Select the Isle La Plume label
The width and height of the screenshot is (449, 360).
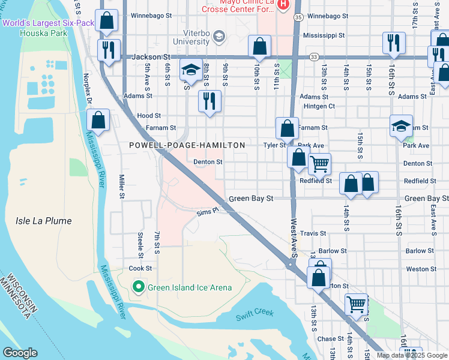pos(43,221)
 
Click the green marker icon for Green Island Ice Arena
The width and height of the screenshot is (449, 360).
pos(138,287)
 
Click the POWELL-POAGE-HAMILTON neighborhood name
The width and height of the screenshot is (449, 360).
pos(187,145)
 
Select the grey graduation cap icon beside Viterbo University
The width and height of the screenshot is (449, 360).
pos(218,37)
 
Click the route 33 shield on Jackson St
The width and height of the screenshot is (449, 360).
pos(314,56)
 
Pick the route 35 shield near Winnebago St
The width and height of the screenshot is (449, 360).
pos(298,17)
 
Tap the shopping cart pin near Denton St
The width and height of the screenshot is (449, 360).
pos(319,163)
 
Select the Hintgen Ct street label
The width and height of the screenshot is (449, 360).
pos(319,106)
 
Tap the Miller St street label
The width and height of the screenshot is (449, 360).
pos(121,187)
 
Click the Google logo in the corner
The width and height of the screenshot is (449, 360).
pos(20,353)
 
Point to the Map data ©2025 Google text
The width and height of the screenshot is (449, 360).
pos(411,355)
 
